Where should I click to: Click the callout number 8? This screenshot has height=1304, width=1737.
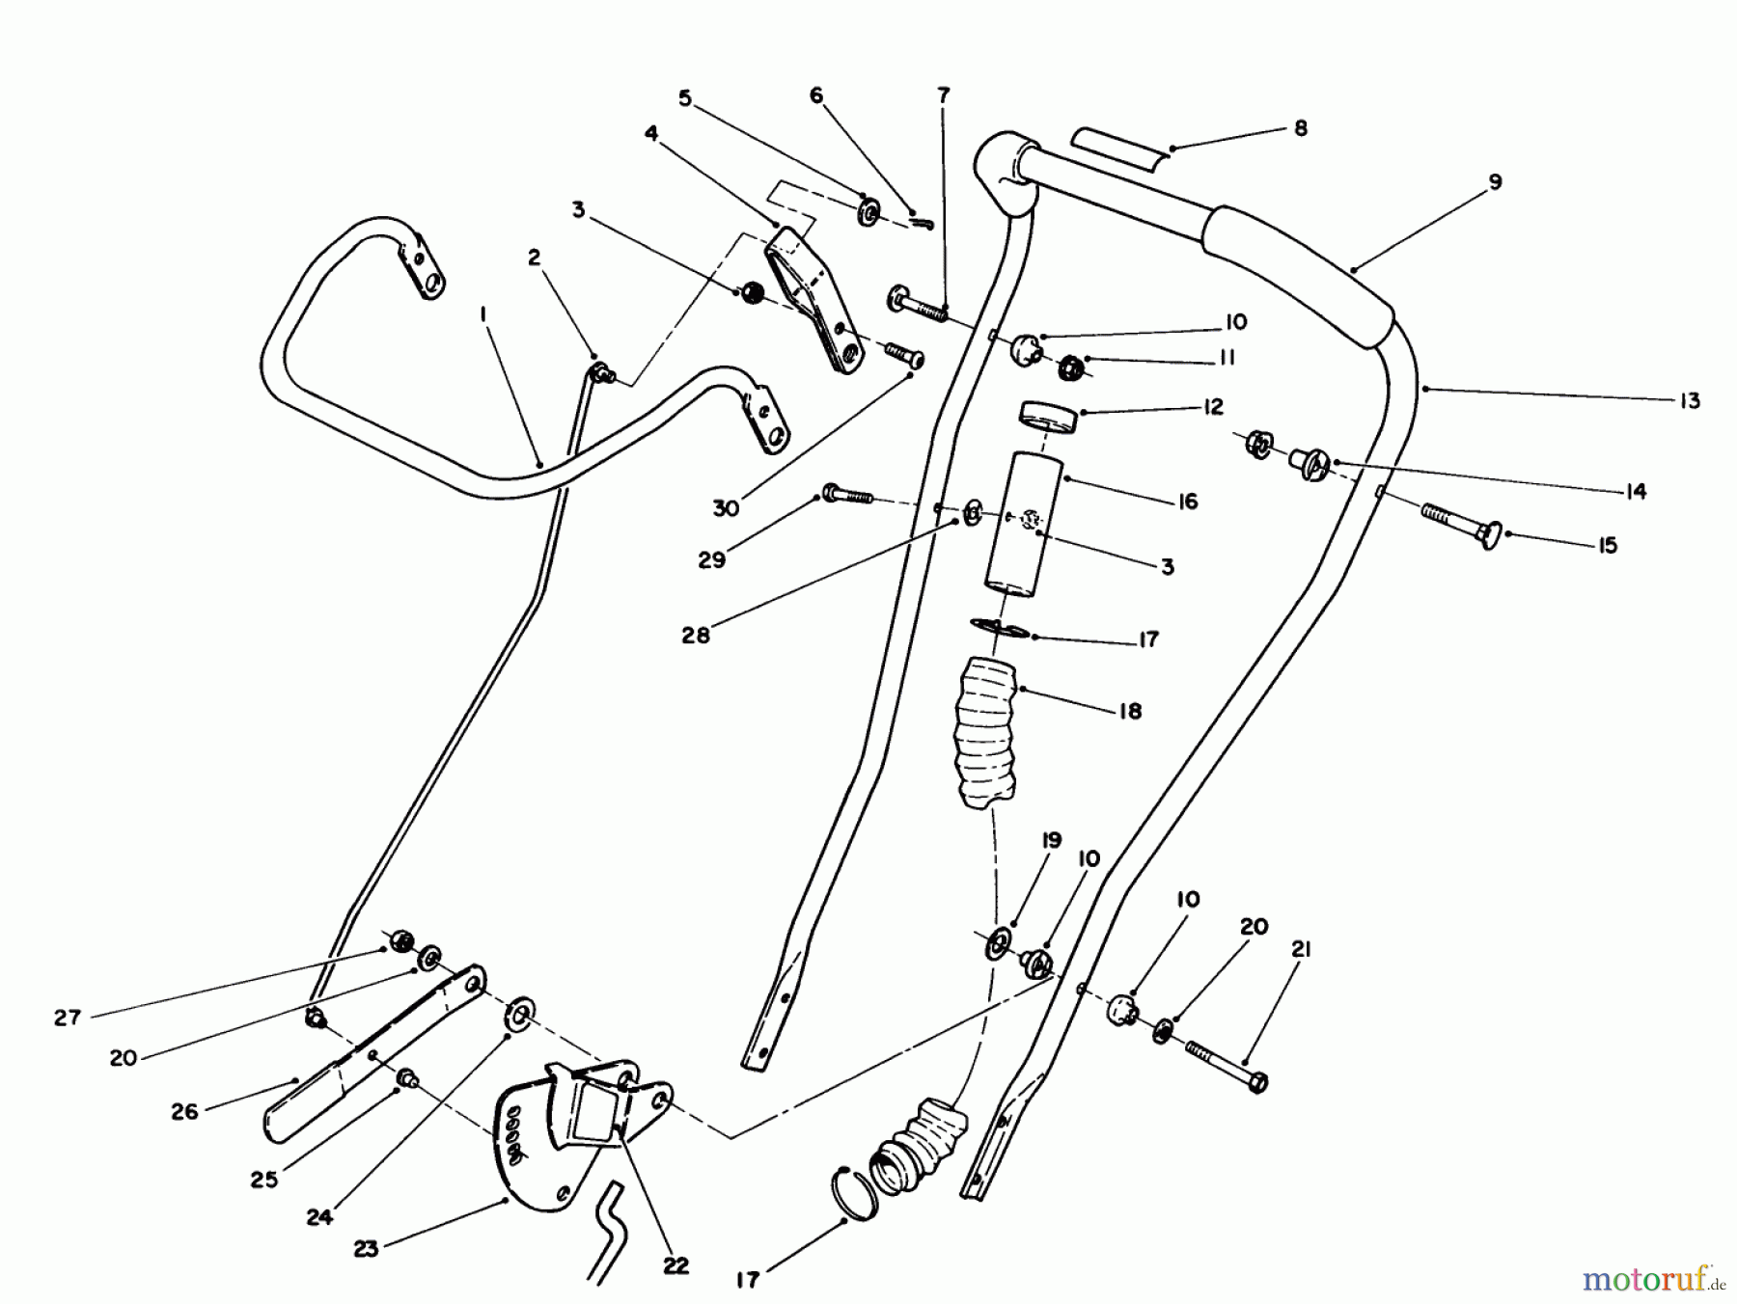coord(1301,128)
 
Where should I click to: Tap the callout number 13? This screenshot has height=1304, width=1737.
coord(1689,400)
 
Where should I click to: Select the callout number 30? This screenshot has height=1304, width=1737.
coord(726,507)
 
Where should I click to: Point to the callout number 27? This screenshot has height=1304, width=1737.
coord(68,1017)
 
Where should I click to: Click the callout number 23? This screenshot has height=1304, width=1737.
coord(366,1248)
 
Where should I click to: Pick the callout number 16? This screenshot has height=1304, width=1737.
coord(1188,502)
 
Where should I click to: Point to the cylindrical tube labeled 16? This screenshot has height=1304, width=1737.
coord(1025,521)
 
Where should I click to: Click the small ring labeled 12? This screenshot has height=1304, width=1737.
coord(1046,416)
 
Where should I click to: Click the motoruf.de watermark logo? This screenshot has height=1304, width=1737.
coord(1651,1279)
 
